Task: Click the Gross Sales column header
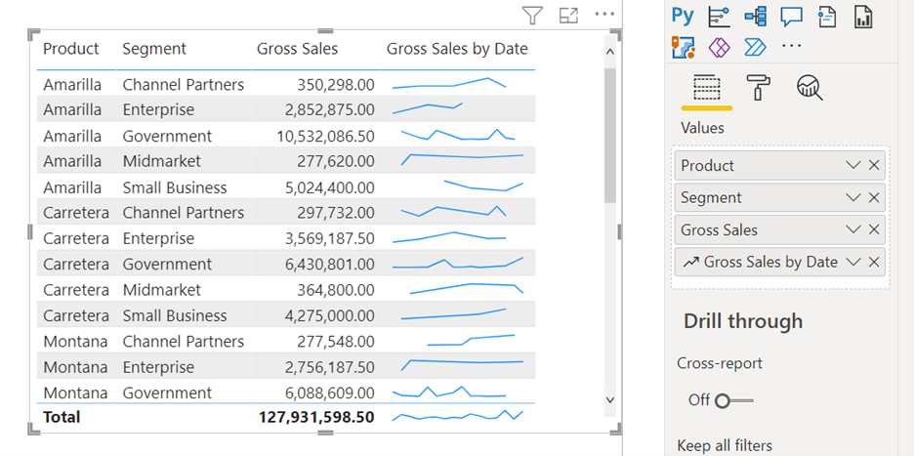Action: pyautogui.click(x=297, y=49)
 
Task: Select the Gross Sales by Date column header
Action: pyautogui.click(x=456, y=49)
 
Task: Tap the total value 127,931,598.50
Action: pyautogui.click(x=316, y=417)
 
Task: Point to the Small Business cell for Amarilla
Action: pyautogui.click(x=174, y=187)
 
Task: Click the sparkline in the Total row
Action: pyautogui.click(x=457, y=416)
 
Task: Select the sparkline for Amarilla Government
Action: pyautogui.click(x=457, y=135)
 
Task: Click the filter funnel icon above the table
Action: pyautogui.click(x=531, y=15)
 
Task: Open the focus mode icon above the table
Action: pyautogui.click(x=568, y=15)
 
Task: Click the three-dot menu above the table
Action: pyautogui.click(x=604, y=15)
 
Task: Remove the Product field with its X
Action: pyautogui.click(x=874, y=166)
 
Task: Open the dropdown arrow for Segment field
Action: pyautogui.click(x=853, y=198)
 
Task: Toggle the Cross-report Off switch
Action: pyautogui.click(x=735, y=400)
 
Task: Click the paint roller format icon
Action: pyautogui.click(x=758, y=88)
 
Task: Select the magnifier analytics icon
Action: pyautogui.click(x=810, y=88)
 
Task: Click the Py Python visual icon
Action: pyautogui.click(x=683, y=16)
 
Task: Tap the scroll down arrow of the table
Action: pyautogui.click(x=610, y=399)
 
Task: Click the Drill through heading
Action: pyautogui.click(x=743, y=321)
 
